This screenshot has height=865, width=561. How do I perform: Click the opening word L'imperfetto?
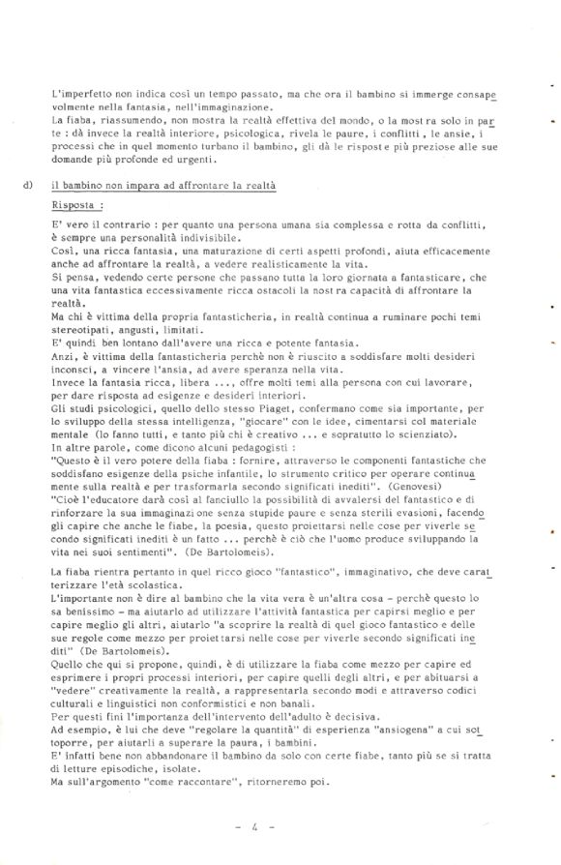[x=80, y=96]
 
